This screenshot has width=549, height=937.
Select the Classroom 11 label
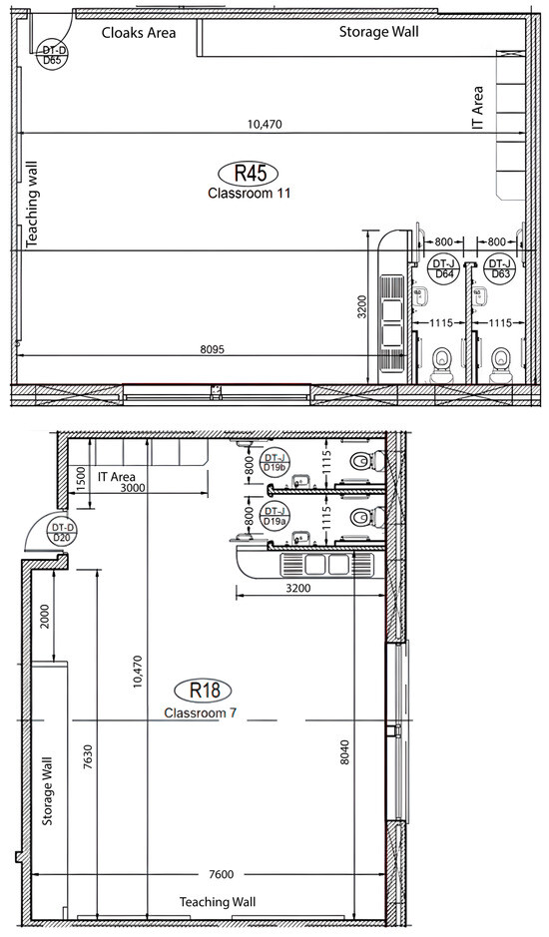tap(249, 194)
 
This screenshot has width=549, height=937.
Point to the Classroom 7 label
tap(201, 712)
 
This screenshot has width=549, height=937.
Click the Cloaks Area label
tap(139, 32)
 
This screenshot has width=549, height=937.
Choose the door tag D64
tap(444, 268)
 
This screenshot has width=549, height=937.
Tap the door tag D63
tap(500, 268)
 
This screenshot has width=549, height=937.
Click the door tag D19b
tap(274, 462)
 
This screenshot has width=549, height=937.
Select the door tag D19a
tap(274, 516)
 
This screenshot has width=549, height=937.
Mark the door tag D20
tap(63, 533)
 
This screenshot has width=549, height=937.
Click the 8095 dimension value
tap(213, 349)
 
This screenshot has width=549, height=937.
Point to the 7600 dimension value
tap(222, 874)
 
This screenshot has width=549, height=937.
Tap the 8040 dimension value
tap(344, 754)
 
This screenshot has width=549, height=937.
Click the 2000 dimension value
tap(46, 617)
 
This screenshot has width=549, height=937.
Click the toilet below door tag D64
tap(442, 364)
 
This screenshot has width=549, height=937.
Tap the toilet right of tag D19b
tap(366, 461)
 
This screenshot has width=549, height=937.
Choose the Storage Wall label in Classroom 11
tap(379, 32)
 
